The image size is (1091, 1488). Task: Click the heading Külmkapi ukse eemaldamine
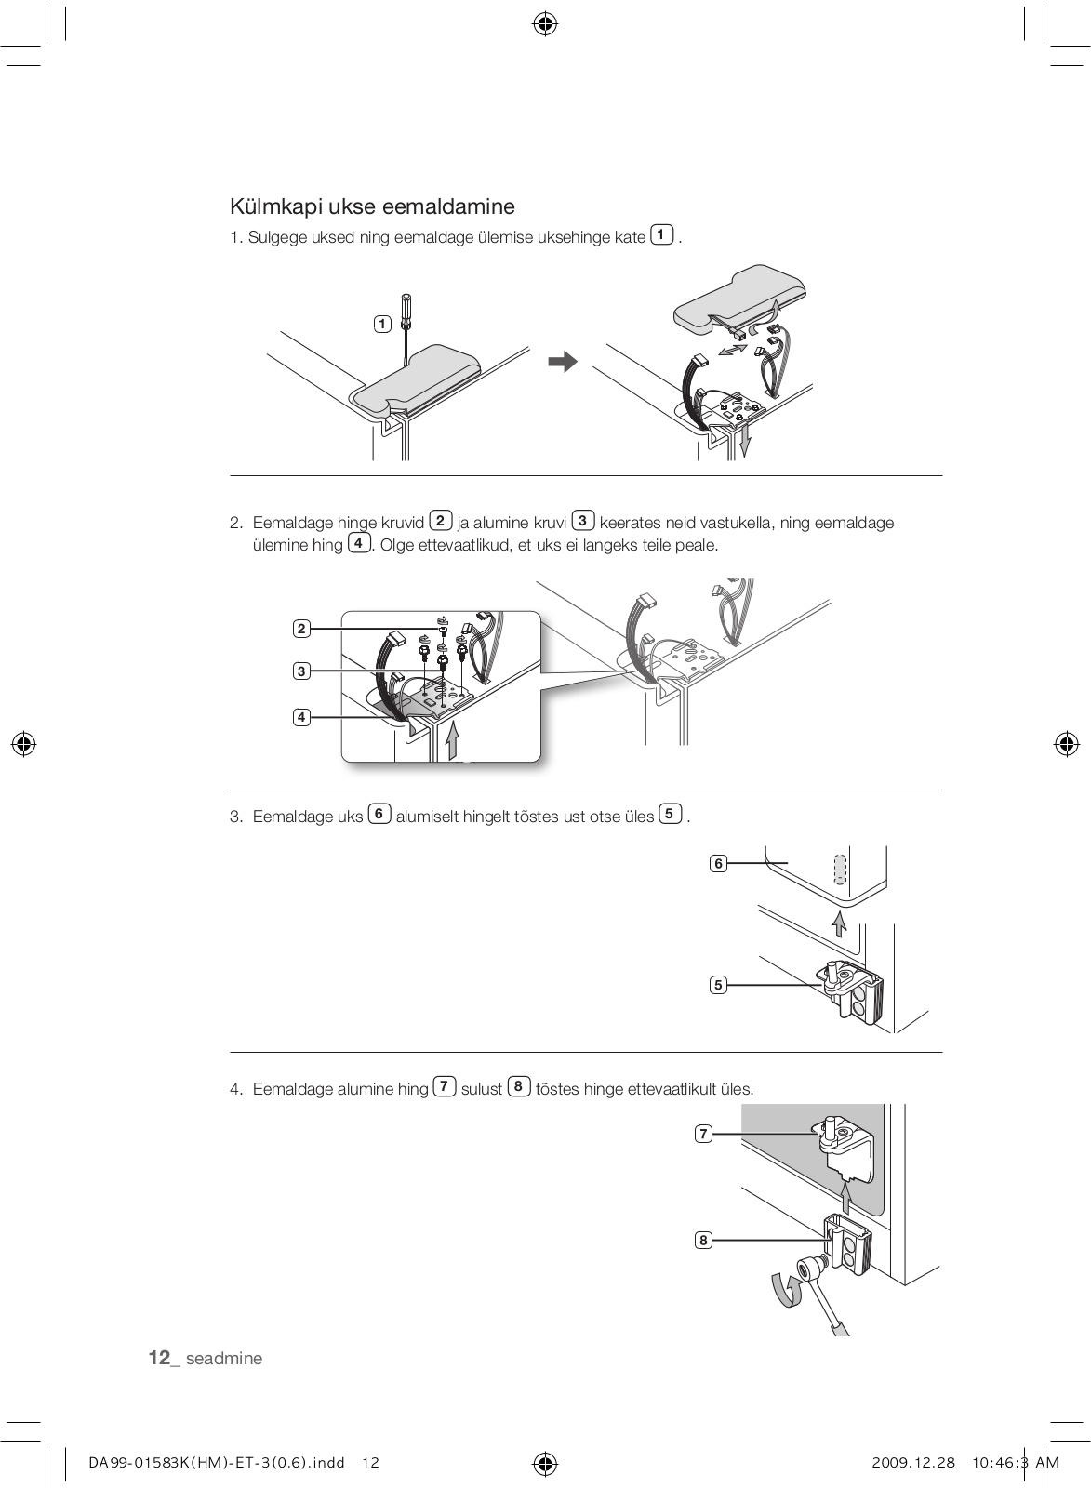tap(372, 206)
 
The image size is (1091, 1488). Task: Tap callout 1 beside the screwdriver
tap(382, 324)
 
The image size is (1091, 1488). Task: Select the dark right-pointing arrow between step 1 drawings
tap(563, 363)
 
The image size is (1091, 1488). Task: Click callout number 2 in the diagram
tap(301, 629)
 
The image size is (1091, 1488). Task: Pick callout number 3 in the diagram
tap(301, 671)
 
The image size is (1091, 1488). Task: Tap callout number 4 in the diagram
tap(301, 717)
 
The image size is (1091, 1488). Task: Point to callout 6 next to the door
tap(718, 863)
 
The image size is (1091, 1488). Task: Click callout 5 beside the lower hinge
tap(718, 985)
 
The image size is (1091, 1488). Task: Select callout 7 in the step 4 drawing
tap(704, 1134)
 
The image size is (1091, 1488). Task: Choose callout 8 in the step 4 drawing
tap(704, 1240)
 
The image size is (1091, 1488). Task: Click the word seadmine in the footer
tap(224, 1359)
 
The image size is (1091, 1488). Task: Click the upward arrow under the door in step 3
tap(839, 923)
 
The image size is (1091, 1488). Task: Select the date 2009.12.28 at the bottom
tap(914, 1463)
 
